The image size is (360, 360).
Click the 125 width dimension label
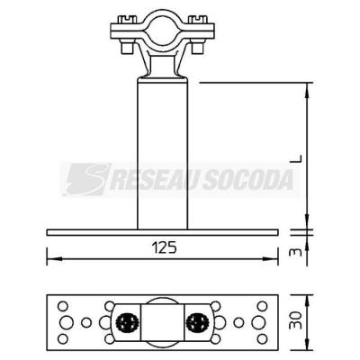tap(165, 248)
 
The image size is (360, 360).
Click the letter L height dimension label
tap(297, 158)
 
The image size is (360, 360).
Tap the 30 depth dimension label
tap(296, 320)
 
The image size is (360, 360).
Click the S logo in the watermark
tap(87, 179)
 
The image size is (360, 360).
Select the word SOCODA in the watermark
tap(247, 180)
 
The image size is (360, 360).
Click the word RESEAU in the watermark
tap(154, 180)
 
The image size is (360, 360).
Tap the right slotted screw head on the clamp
tap(199, 20)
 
